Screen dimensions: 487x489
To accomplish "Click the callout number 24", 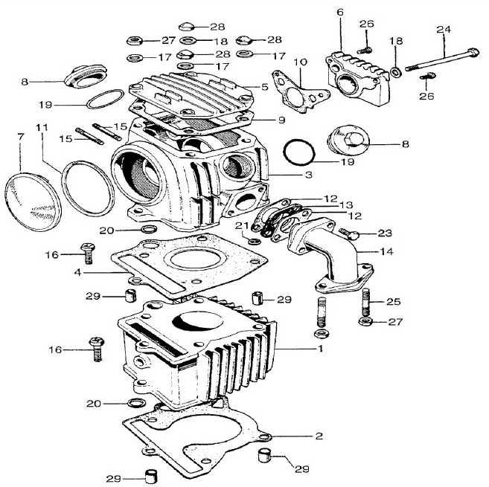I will point(444,30).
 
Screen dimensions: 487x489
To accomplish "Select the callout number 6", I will point(339,13).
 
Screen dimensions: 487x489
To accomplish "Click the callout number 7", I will point(20,137).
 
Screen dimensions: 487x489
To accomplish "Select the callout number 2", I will point(319,436).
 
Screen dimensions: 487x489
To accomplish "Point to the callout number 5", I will point(264,87).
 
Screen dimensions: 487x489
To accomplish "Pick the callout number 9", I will point(281,120).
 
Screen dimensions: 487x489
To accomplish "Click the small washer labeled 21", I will point(255,241).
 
